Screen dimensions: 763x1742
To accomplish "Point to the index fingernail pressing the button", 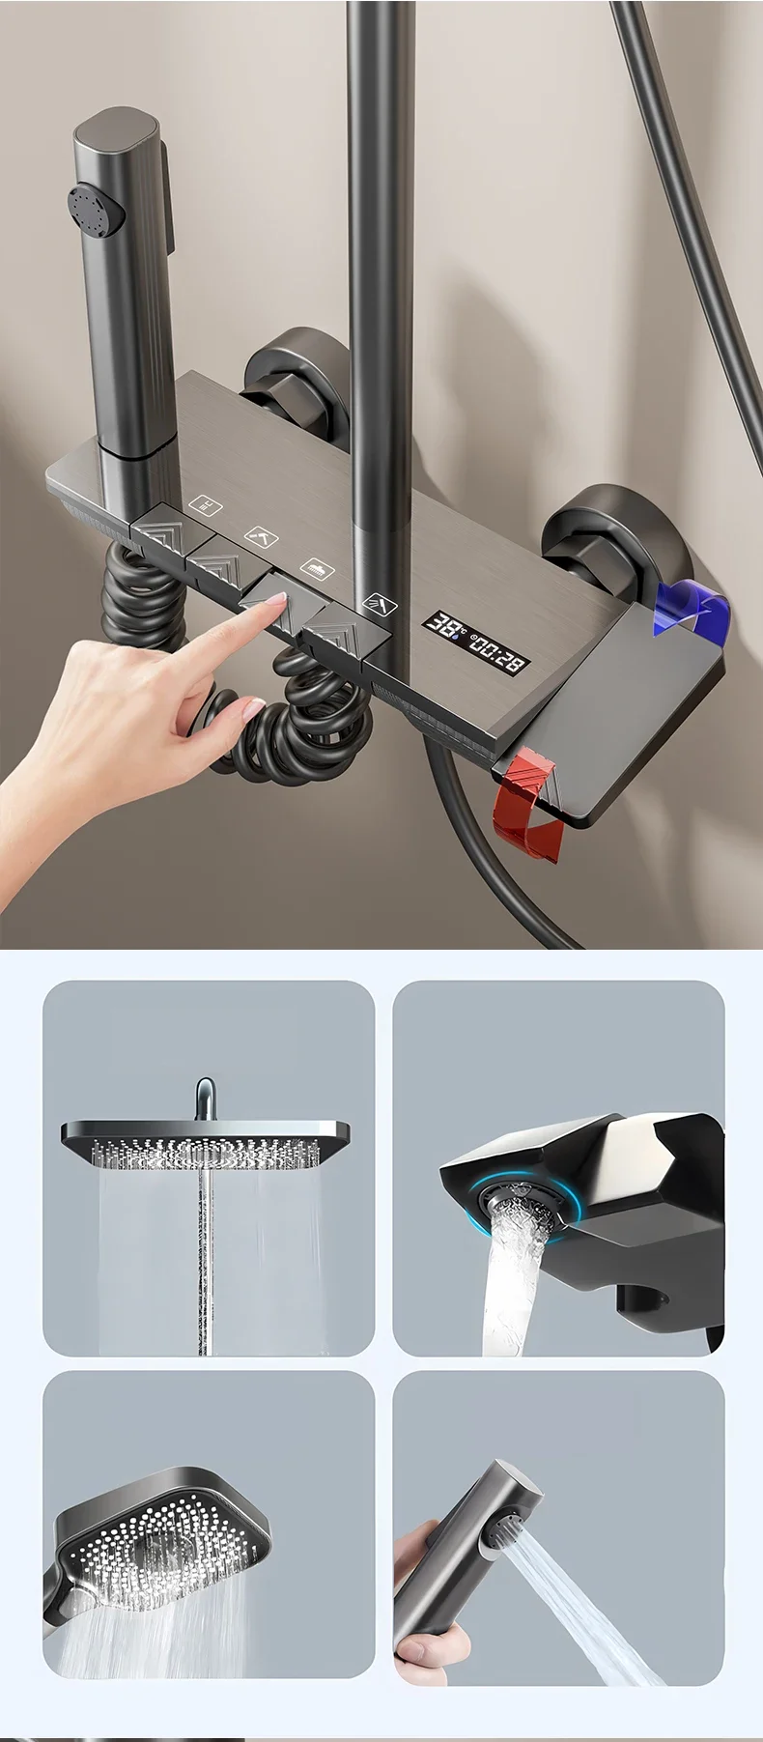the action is (277, 600).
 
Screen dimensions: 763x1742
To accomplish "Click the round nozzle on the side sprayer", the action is (94, 208).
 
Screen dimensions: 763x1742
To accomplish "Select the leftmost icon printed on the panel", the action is (205, 504).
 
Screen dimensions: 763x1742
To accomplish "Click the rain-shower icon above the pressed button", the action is (316, 568).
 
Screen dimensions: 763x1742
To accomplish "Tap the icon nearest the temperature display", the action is (380, 605).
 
